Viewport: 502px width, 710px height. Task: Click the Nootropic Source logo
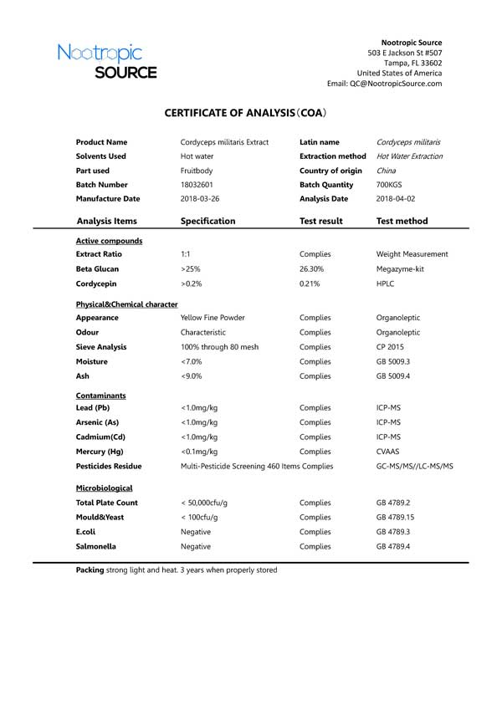pyautogui.click(x=107, y=61)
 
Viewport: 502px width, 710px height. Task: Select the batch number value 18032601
pyautogui.click(x=197, y=185)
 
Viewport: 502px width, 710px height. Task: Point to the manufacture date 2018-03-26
pyautogui.click(x=200, y=199)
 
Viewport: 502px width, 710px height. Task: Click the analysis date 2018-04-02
pyautogui.click(x=397, y=199)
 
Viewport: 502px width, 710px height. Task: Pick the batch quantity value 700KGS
pyautogui.click(x=389, y=185)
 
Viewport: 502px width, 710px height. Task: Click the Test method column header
pyautogui.click(x=402, y=222)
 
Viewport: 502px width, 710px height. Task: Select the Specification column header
pyautogui.click(x=207, y=222)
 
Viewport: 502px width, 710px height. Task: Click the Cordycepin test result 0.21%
pyautogui.click(x=310, y=284)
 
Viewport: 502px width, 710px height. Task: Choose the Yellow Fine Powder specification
pyautogui.click(x=213, y=318)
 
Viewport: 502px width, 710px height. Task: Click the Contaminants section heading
pyautogui.click(x=100, y=394)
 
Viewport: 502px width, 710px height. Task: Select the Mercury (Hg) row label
pyautogui.click(x=99, y=452)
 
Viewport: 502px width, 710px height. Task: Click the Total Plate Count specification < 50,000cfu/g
pyautogui.click(x=205, y=503)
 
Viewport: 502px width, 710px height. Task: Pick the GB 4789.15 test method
pyautogui.click(x=396, y=518)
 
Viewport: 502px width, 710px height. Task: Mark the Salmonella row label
pyautogui.click(x=96, y=547)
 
